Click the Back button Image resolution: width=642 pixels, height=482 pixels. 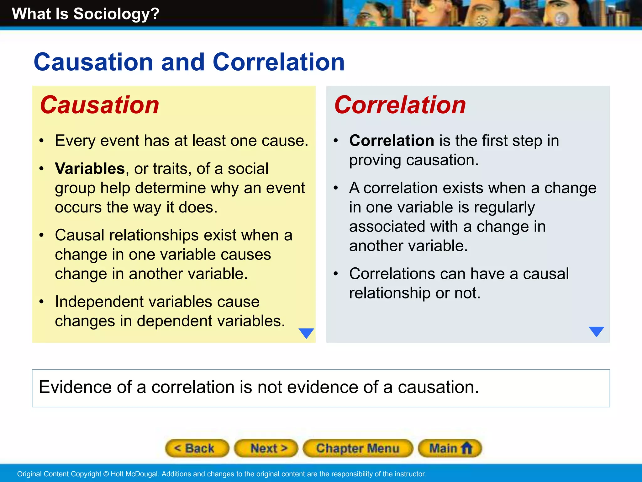click(x=197, y=448)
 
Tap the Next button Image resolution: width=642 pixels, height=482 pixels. click(x=266, y=448)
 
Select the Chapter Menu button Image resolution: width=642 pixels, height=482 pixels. click(x=358, y=448)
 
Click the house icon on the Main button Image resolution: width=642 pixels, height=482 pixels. click(x=467, y=448)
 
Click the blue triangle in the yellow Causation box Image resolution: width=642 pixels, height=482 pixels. click(x=306, y=333)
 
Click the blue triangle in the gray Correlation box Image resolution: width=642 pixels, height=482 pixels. click(x=596, y=331)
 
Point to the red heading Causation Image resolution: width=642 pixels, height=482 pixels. click(x=100, y=105)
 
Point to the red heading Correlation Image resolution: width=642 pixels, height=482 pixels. click(x=400, y=105)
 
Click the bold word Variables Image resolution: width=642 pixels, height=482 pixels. click(x=90, y=169)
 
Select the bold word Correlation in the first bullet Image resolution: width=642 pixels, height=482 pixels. click(x=392, y=140)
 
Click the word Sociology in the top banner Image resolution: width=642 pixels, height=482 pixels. click(x=116, y=14)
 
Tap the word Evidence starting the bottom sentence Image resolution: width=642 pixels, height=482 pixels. click(x=75, y=387)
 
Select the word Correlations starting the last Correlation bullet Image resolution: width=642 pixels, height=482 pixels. click(x=392, y=274)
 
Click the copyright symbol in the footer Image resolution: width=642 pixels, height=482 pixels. click(x=106, y=474)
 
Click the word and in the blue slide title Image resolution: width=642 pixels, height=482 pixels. click(x=183, y=62)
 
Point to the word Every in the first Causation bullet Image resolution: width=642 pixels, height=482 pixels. click(x=75, y=141)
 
